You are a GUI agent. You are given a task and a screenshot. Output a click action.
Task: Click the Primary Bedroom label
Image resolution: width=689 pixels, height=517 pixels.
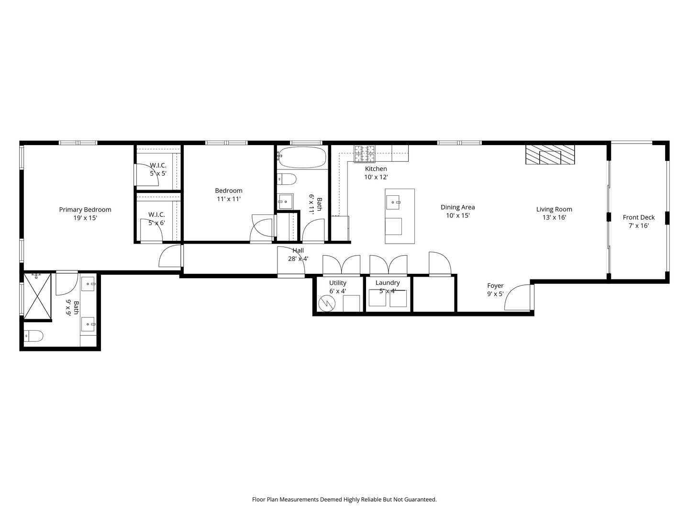click(85, 210)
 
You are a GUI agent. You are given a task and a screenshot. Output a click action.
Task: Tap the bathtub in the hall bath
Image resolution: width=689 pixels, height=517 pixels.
click(302, 157)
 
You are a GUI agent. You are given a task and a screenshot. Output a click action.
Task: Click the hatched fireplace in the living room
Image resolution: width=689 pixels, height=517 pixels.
click(550, 155)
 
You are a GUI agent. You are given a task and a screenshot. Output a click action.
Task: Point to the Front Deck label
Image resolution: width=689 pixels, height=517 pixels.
click(638, 217)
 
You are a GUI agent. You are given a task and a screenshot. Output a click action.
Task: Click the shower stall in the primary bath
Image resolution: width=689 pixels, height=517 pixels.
click(37, 296)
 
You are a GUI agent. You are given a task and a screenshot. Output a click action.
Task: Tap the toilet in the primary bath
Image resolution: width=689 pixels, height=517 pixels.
click(33, 336)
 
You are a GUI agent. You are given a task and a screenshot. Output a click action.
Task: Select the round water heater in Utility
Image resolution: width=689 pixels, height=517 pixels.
click(328, 303)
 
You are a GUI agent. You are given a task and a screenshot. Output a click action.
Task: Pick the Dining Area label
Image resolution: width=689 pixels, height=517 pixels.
click(457, 207)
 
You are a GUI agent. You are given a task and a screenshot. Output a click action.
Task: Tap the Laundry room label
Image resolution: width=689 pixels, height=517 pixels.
click(387, 283)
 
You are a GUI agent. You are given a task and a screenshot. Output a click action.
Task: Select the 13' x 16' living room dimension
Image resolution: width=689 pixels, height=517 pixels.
click(554, 217)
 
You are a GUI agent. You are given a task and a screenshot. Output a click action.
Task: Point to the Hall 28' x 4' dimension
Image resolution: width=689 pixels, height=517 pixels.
click(298, 259)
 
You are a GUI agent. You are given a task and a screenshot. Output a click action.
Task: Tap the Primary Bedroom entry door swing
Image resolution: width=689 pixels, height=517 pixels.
click(170, 257)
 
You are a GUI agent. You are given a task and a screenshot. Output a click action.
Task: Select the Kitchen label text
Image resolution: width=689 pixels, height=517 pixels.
click(376, 169)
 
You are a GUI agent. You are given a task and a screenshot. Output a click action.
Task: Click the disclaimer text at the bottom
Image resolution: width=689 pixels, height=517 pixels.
click(344, 499)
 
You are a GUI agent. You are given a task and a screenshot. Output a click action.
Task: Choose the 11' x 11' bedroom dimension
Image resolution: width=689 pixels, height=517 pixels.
click(228, 199)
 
